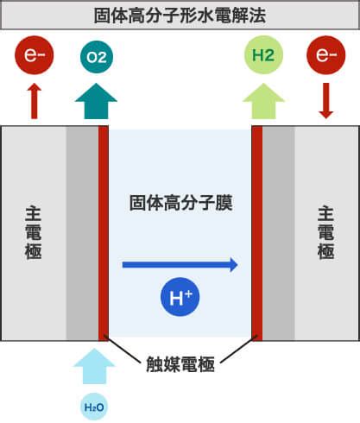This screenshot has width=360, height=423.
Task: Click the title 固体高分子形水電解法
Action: pos(180,16)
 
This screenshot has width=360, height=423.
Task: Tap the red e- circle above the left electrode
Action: pos(35,55)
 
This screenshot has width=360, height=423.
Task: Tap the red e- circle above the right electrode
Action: pos(326,55)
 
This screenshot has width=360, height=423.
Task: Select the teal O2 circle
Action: pos(97,57)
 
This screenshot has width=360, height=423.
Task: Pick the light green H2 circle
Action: pos(263,54)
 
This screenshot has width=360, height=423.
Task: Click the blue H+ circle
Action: pos(180,297)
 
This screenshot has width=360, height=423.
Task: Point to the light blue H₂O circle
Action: pos(94,407)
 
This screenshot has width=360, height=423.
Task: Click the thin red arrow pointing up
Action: pos(35,101)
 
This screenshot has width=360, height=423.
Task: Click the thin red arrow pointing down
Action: pos(326,101)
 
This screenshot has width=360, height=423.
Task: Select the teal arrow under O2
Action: pos(96,101)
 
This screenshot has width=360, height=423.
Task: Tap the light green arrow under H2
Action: pos(263,101)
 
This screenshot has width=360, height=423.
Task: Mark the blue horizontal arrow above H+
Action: pos(180,265)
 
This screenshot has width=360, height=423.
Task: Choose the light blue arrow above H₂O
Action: pos(94,366)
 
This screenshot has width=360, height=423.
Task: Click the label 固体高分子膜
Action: pos(180,203)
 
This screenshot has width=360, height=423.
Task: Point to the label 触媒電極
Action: pos(180,364)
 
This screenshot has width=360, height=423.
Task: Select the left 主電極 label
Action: pos(34,232)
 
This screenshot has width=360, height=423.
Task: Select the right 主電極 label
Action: pos(325,232)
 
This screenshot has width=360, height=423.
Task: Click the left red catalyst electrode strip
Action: pos(104,233)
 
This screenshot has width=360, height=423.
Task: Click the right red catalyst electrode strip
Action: pos(257,233)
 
